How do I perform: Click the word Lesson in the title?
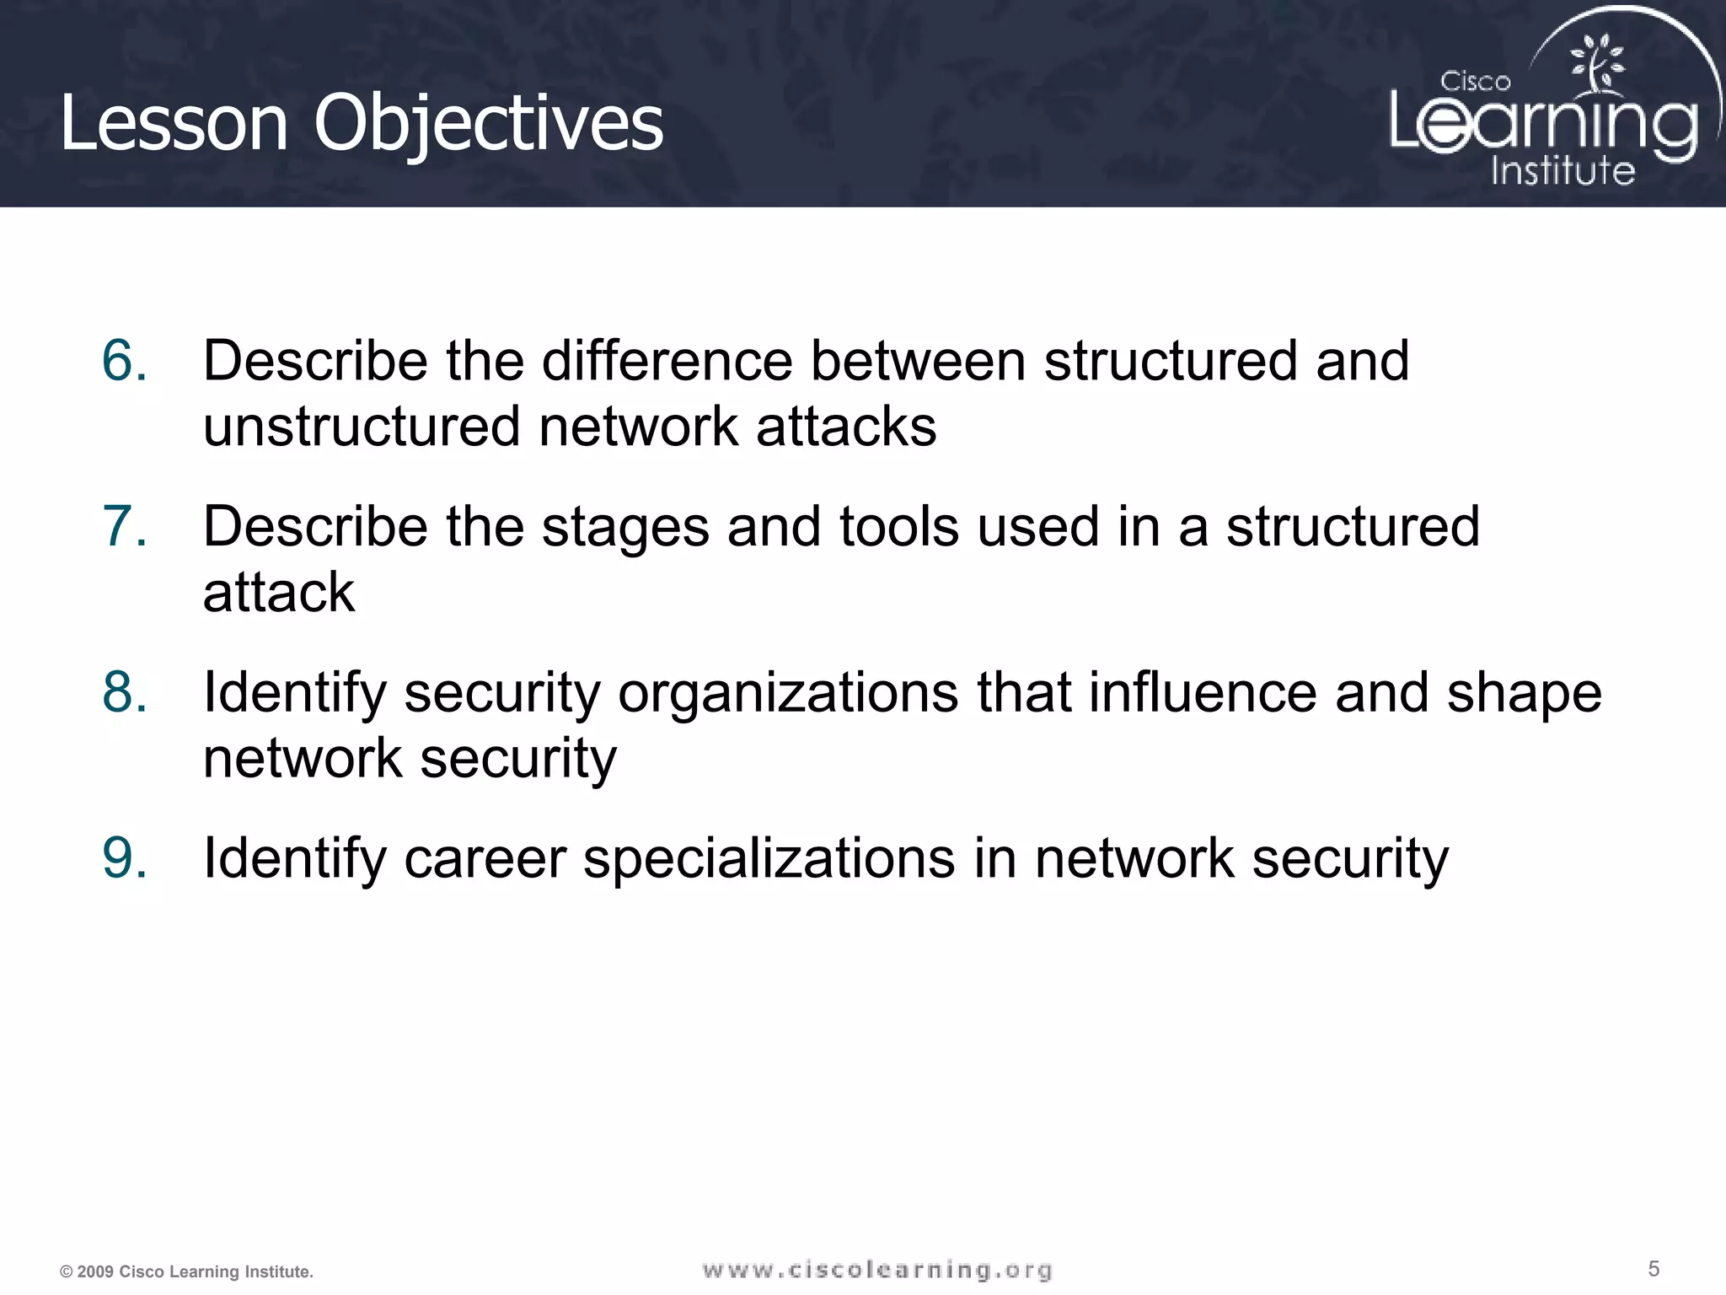click(x=174, y=124)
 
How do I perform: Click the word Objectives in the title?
click(x=489, y=124)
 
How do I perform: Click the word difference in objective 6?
click(x=666, y=361)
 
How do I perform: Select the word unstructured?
click(x=362, y=427)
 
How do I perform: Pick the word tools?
click(x=898, y=527)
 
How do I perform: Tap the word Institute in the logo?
click(x=1563, y=171)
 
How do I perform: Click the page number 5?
click(x=1654, y=1268)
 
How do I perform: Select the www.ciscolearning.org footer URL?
click(x=876, y=1270)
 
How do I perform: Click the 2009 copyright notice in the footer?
click(x=186, y=1271)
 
